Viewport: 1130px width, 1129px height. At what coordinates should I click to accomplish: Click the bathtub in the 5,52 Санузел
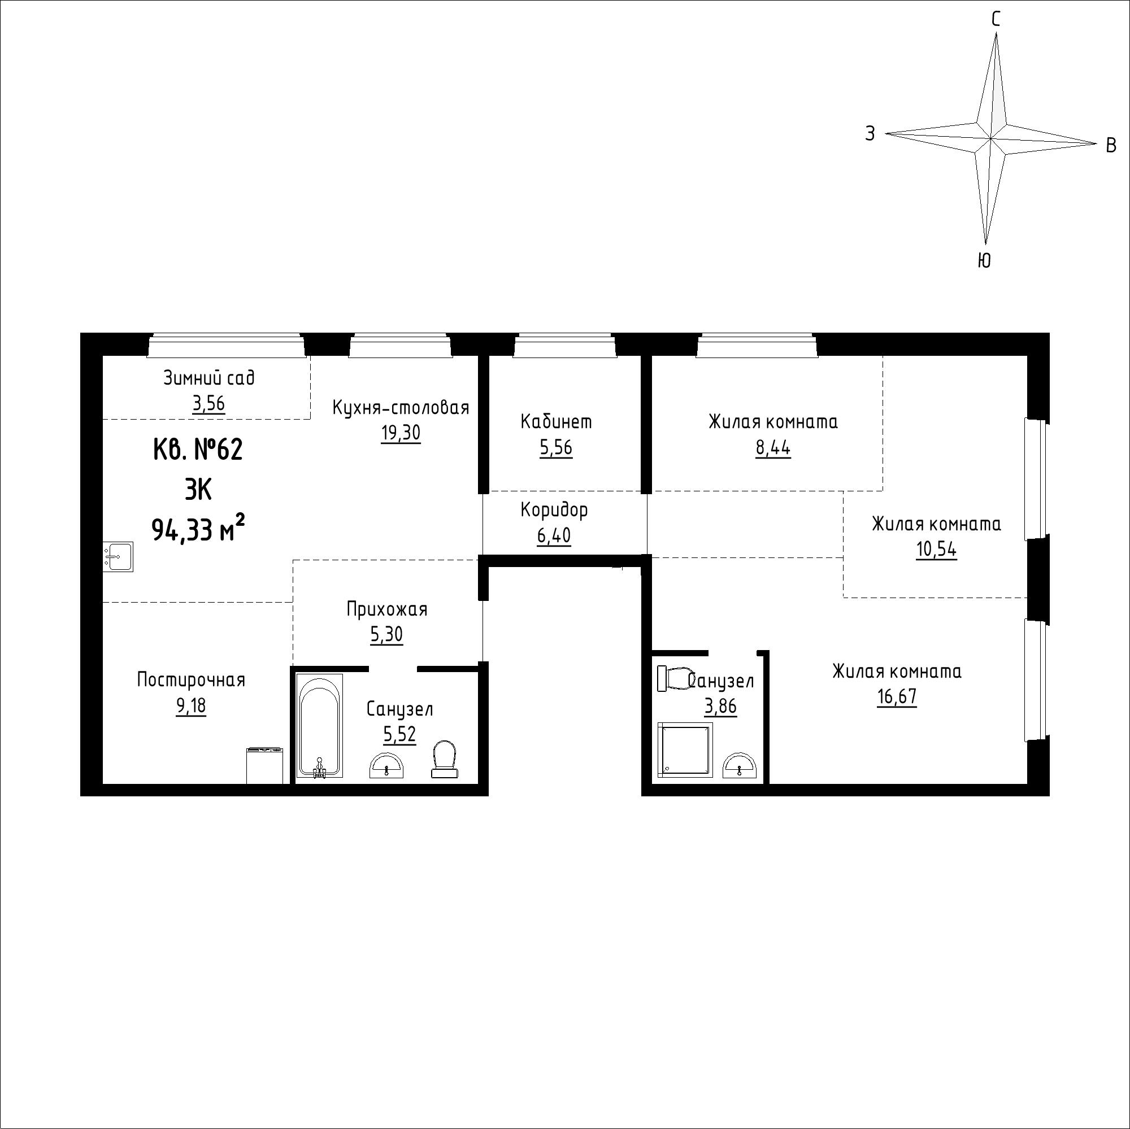(319, 725)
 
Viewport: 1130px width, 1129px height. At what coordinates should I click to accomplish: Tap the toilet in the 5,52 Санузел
(445, 759)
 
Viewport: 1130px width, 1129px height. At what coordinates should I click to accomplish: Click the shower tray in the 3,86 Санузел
(685, 750)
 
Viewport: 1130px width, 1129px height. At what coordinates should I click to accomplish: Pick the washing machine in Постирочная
(265, 765)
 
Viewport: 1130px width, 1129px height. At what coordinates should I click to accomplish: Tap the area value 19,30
(401, 433)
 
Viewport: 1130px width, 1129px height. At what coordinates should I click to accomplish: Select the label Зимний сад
(209, 378)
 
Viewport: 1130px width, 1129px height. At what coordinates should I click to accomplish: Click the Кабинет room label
(556, 421)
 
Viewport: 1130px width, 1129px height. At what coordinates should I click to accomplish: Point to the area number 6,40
(554, 535)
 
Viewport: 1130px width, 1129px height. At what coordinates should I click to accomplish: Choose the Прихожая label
(386, 609)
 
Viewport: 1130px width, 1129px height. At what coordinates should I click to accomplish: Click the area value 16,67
(897, 697)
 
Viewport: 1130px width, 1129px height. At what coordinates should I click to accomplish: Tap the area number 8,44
(773, 448)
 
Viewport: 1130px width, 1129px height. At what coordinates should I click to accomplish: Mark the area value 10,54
(936, 550)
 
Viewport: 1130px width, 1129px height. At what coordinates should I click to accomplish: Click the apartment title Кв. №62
(198, 450)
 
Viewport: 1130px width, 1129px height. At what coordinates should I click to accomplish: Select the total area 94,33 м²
(198, 529)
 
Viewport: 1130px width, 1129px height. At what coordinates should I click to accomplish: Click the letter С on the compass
(995, 20)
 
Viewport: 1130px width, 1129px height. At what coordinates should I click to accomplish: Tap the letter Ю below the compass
(984, 260)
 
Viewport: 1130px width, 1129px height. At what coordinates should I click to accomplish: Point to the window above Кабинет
(565, 346)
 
